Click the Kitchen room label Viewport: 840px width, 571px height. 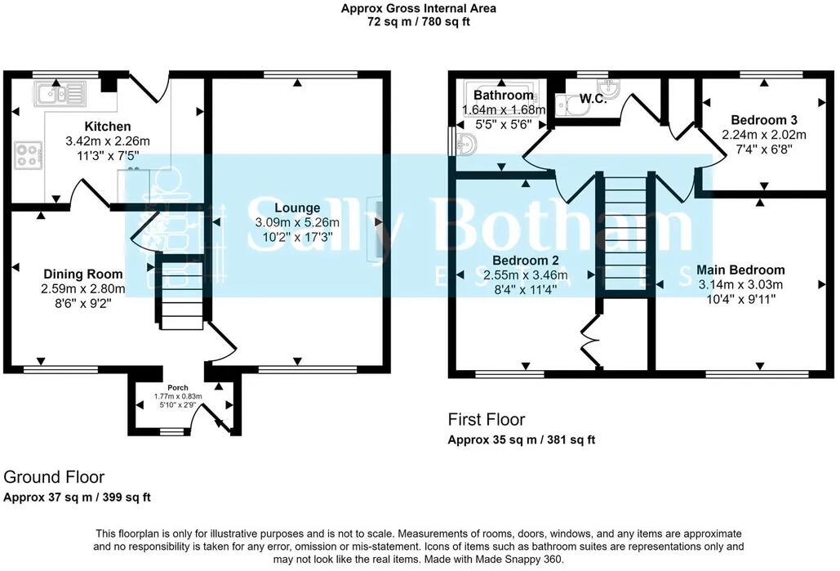(108, 127)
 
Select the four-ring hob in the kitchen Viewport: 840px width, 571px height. (29, 155)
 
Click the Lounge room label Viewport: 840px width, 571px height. (292, 207)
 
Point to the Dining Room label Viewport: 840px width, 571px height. (82, 274)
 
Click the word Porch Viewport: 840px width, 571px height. (178, 387)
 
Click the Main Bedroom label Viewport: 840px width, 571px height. (740, 270)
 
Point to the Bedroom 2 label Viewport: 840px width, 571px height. (513, 260)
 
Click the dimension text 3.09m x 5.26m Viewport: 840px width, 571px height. (297, 222)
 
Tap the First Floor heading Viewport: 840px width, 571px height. (487, 420)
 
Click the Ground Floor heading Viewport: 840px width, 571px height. (54, 477)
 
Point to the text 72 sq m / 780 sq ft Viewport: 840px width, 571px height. (419, 22)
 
